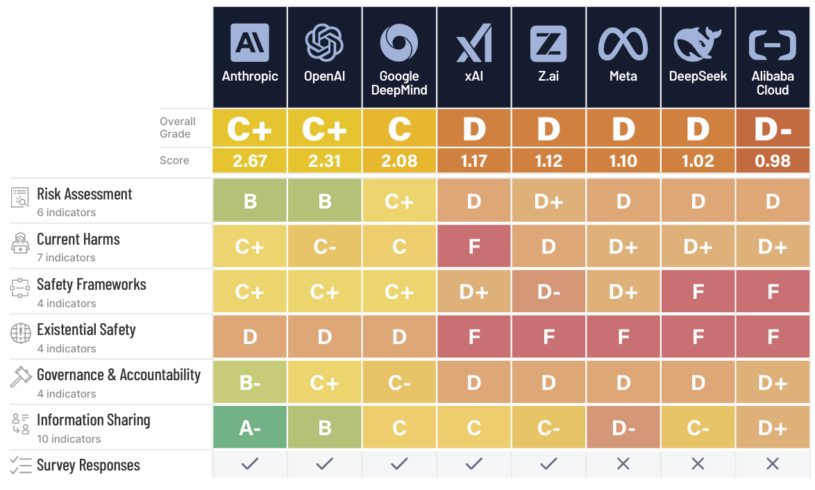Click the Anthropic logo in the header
pyautogui.click(x=250, y=42)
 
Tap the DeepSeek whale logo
pyautogui.click(x=698, y=44)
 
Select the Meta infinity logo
pyautogui.click(x=623, y=44)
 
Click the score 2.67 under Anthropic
pyautogui.click(x=250, y=161)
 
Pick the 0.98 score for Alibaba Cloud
pyautogui.click(x=773, y=161)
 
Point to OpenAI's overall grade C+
pyautogui.click(x=324, y=129)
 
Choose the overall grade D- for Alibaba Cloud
pyautogui.click(x=773, y=129)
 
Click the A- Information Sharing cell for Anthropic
pyautogui.click(x=250, y=428)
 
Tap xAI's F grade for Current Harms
pyautogui.click(x=474, y=247)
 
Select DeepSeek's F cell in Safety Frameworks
pyautogui.click(x=698, y=292)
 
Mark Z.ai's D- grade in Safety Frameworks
pyautogui.click(x=548, y=292)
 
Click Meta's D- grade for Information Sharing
pyautogui.click(x=623, y=428)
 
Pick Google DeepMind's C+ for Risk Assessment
pyautogui.click(x=399, y=202)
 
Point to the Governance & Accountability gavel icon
pyautogui.click(x=21, y=376)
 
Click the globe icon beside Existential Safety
pyautogui.click(x=21, y=333)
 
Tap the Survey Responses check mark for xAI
pyautogui.click(x=474, y=464)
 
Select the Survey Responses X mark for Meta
pyautogui.click(x=623, y=464)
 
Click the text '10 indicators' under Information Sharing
pyautogui.click(x=69, y=439)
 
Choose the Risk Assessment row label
pyautogui.click(x=84, y=195)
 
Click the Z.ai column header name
pyautogui.click(x=548, y=76)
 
